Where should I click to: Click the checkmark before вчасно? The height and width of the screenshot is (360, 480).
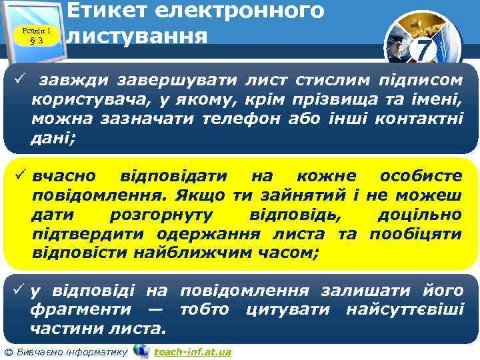click(19, 176)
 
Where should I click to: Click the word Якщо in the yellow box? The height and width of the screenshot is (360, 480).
click(203, 196)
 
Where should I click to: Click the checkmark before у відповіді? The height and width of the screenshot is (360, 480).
click(19, 291)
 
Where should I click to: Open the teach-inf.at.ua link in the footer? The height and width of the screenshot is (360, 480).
click(192, 352)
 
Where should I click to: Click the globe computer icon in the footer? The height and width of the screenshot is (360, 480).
click(141, 350)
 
